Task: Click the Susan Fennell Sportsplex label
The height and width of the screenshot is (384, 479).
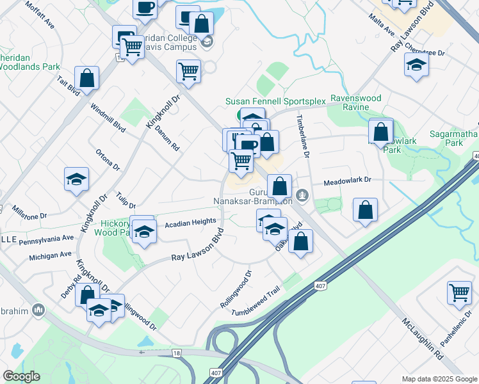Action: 275,101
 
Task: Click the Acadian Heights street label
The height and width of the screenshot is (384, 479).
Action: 191,221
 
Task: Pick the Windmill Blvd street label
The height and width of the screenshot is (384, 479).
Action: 107,117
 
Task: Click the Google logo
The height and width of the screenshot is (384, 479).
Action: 22,376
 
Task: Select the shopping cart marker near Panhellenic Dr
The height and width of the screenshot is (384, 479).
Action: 459,292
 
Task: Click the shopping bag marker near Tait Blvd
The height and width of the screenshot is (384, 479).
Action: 86,78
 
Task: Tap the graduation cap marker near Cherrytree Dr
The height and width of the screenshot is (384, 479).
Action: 416,64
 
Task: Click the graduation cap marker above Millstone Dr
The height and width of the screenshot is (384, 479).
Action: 76,179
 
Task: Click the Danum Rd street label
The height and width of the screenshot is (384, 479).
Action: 167,138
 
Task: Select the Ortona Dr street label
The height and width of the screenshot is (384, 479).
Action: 108,160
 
